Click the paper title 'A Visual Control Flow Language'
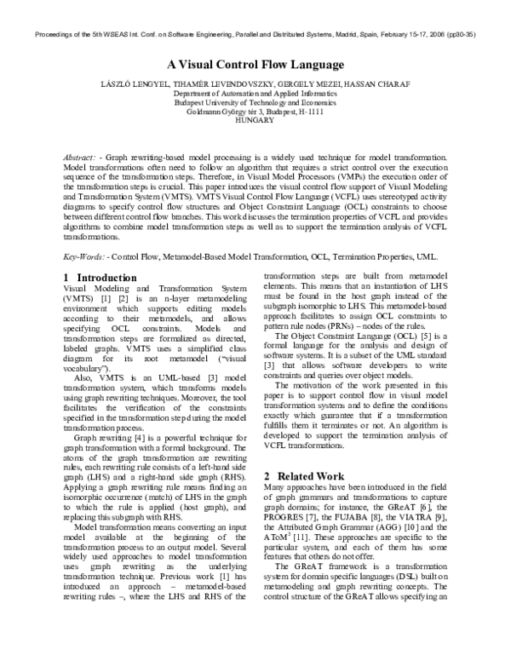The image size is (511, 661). click(x=255, y=65)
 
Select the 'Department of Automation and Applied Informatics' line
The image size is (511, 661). click(x=255, y=93)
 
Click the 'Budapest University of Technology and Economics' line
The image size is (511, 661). click(x=255, y=102)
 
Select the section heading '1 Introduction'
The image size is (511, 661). click(x=100, y=278)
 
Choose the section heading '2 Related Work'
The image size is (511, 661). click(x=304, y=475)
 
